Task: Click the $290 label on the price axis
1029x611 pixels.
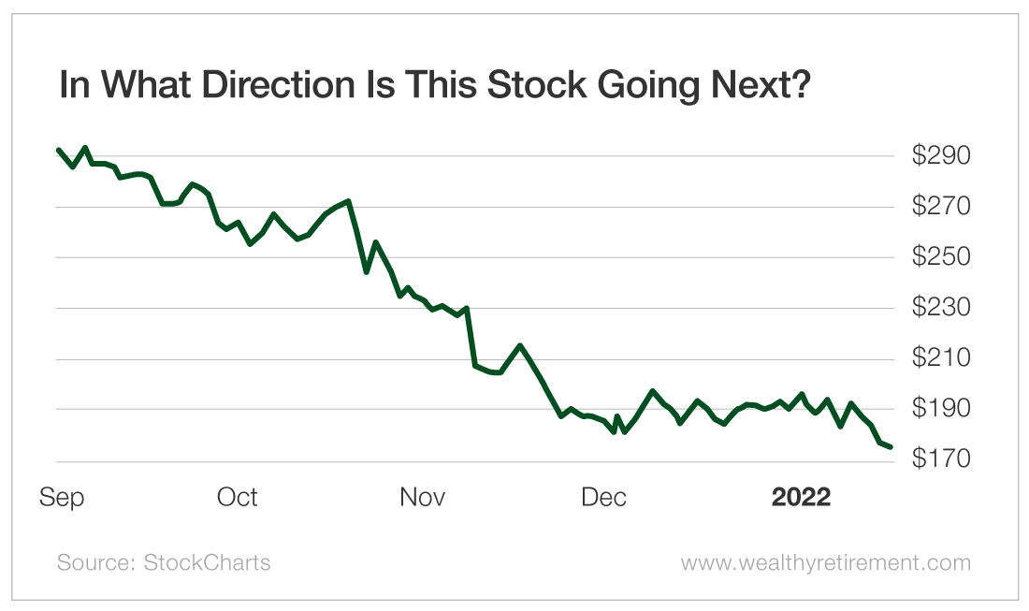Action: (x=941, y=155)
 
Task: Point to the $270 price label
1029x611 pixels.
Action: (x=941, y=206)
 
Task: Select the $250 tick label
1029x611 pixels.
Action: (x=941, y=257)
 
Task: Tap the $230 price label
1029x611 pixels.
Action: (x=941, y=308)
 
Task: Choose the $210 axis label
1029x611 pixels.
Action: (x=941, y=358)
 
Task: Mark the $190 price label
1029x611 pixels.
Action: (x=941, y=410)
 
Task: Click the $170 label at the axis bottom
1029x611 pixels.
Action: (x=941, y=460)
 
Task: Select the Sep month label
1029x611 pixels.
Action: (x=62, y=498)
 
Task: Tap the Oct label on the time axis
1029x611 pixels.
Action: (x=238, y=497)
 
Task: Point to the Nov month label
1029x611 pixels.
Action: (x=423, y=497)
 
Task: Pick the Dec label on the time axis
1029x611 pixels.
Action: (x=604, y=497)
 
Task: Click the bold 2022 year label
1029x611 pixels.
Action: (x=801, y=497)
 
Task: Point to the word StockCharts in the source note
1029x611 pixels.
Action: (x=207, y=562)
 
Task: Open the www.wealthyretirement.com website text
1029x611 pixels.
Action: (x=825, y=562)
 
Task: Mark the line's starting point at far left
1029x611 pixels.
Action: (x=59, y=150)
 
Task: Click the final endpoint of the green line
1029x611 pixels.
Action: (x=891, y=447)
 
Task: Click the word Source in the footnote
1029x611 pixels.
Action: (x=95, y=562)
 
